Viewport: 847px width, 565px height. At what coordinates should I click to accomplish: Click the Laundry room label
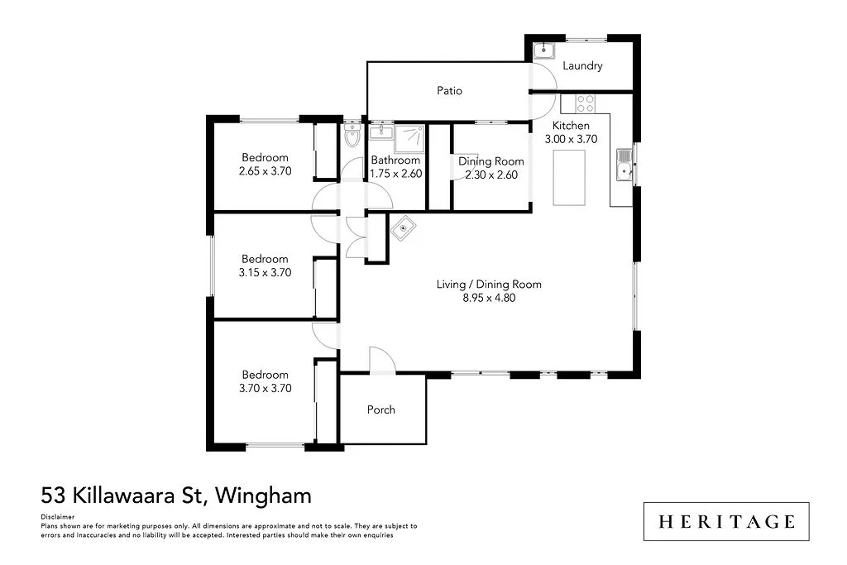(x=582, y=65)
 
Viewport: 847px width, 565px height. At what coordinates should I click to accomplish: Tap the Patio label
(x=449, y=90)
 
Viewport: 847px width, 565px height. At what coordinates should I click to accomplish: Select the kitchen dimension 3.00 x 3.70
(x=571, y=139)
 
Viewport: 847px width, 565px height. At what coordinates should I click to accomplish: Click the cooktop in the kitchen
(x=585, y=103)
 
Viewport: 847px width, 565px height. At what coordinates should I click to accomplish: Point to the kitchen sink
(x=623, y=171)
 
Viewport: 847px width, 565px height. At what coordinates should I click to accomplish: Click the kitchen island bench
(x=569, y=177)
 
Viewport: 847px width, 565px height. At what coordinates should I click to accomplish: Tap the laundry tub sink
(x=543, y=50)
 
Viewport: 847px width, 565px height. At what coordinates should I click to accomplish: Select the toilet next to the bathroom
(x=352, y=137)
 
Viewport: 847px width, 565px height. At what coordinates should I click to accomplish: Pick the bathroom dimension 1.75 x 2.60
(x=395, y=174)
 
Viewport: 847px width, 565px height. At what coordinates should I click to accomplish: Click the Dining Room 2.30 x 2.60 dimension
(x=491, y=175)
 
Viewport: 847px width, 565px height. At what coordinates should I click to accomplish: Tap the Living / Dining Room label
(x=489, y=285)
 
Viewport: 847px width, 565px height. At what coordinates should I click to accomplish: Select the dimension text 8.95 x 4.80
(x=489, y=298)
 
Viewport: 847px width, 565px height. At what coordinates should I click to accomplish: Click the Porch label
(x=381, y=409)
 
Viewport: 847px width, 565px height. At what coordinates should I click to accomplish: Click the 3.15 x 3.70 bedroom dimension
(x=265, y=272)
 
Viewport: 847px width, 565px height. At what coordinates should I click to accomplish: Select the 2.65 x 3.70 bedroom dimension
(x=265, y=171)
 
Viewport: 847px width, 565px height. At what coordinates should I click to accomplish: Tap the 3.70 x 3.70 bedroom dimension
(x=265, y=387)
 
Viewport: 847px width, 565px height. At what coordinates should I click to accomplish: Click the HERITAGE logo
(x=726, y=521)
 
